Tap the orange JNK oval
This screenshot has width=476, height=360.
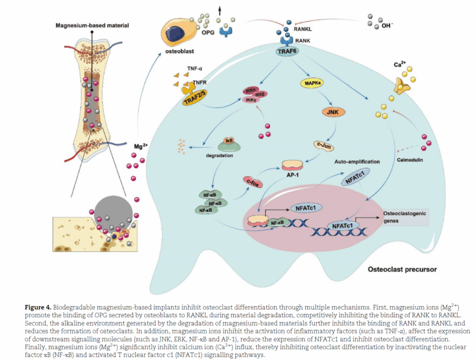(332, 111)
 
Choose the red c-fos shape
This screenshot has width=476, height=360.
(253, 181)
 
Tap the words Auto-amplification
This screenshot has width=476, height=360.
(357, 162)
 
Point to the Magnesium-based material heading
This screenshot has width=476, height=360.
(93, 24)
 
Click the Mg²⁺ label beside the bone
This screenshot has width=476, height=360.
(141, 146)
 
